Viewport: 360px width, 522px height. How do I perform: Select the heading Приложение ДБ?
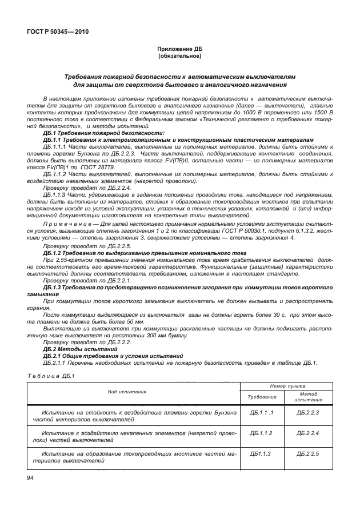coord(180,50)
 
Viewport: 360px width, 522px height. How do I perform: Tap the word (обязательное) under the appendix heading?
coord(180,57)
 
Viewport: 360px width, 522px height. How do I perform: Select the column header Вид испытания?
coord(127,392)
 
